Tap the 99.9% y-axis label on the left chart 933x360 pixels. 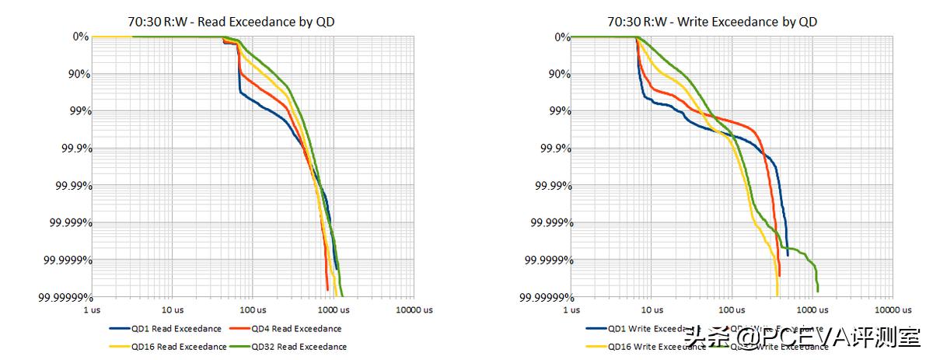pos(70,149)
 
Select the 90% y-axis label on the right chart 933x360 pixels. pos(553,74)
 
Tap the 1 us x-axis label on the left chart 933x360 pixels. pos(92,309)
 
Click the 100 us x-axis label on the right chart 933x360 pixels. pos(731,309)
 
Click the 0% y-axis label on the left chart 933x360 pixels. pos(81,37)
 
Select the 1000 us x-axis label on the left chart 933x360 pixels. pos(333,309)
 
